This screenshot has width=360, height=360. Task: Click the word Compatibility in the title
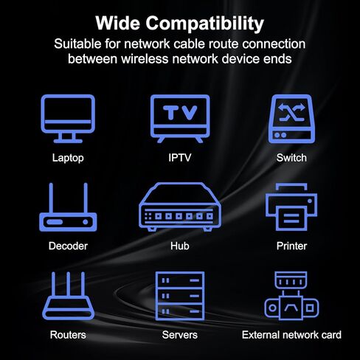204,24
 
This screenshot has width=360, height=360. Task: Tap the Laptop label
68,158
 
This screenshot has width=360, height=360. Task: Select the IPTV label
180,158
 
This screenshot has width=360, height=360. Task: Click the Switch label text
291,158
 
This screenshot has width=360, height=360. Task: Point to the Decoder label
68,246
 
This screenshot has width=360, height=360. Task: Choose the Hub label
180,246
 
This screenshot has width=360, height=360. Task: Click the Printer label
291,246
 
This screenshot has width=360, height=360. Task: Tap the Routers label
68,335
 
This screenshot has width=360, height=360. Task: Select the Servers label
180,335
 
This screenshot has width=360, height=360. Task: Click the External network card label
291,335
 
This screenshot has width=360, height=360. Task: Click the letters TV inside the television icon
180,112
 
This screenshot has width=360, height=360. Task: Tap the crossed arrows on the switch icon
291,112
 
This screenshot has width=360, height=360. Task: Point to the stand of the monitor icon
68,138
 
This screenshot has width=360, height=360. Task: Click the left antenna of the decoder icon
51,198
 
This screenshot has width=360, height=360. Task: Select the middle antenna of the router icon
68,284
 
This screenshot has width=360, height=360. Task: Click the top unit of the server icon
180,280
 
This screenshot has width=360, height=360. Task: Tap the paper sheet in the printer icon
291,218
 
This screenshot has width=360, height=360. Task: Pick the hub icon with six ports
180,207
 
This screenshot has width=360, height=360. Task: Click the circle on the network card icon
272,308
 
